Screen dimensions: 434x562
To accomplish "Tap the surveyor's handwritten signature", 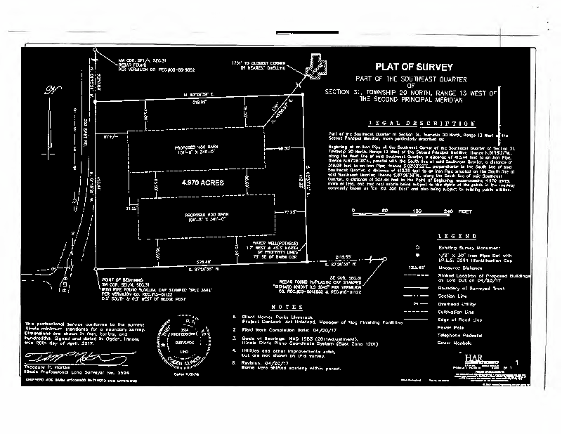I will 56,358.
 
